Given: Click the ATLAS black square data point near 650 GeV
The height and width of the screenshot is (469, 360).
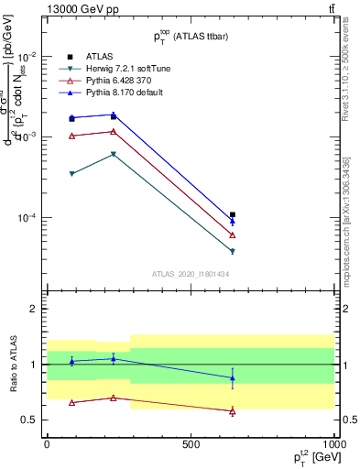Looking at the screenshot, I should pyautogui.click(x=233, y=215).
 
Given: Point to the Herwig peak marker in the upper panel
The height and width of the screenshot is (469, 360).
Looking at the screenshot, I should pyautogui.click(x=113, y=154).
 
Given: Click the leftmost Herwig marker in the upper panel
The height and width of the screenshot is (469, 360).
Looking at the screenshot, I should pyautogui.click(x=72, y=174).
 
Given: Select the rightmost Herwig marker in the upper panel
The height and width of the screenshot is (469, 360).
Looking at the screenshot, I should pyautogui.click(x=233, y=251).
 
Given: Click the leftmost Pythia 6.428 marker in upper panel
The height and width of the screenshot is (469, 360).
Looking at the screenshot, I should pyautogui.click(x=72, y=136).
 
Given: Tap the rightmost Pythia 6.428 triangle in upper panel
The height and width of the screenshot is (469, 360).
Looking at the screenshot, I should pyautogui.click(x=233, y=235).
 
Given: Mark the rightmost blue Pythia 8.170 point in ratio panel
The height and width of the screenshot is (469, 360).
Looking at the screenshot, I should pyautogui.click(x=233, y=377).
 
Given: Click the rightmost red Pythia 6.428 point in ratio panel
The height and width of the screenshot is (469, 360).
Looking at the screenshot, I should pyautogui.click(x=233, y=411).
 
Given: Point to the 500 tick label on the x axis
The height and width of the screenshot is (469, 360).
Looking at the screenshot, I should pyautogui.click(x=191, y=443).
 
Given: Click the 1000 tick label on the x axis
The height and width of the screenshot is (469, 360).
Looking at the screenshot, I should pyautogui.click(x=334, y=443).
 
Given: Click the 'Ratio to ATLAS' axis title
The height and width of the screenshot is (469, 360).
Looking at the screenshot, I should pyautogui.click(x=13, y=363).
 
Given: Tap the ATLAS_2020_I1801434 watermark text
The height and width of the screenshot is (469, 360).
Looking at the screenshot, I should pyautogui.click(x=191, y=274).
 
